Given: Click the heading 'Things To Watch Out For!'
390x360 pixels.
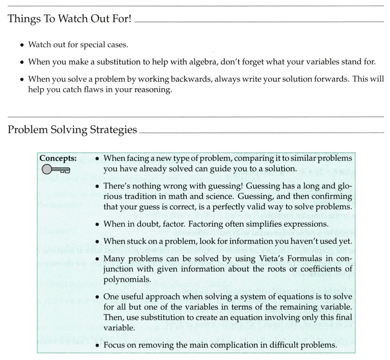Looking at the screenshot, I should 69,19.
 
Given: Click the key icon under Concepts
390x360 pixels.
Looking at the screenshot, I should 56,169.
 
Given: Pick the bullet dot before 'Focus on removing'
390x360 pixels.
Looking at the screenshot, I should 97,346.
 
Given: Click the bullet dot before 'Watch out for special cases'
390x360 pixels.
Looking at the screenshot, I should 22,45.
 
